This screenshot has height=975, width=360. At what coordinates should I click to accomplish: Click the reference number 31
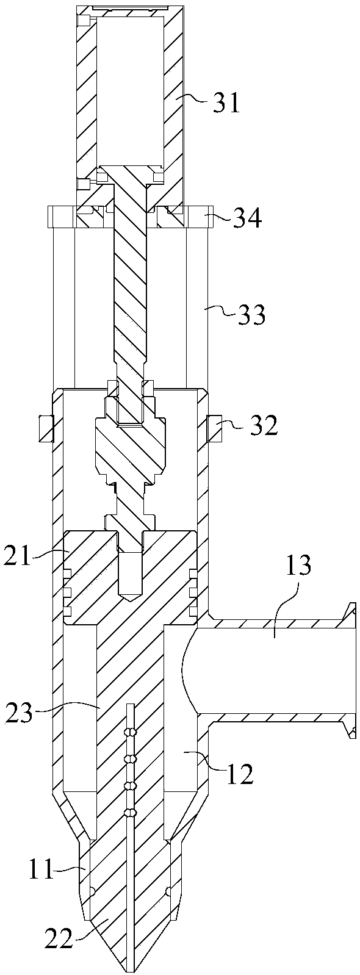(226, 103)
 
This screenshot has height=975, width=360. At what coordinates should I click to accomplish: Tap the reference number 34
(247, 219)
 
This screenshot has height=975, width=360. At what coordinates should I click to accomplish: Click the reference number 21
(18, 556)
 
